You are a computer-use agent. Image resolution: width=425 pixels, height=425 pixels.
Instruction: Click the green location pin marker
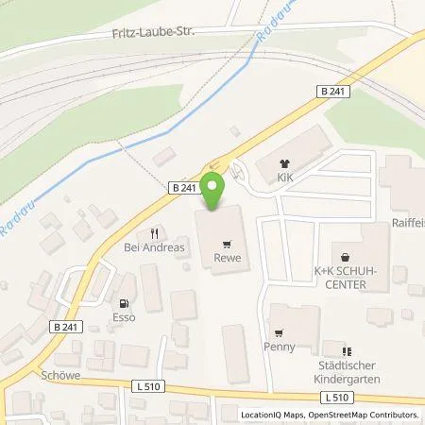215,189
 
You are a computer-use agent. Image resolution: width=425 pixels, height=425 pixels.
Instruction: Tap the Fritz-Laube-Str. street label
147,34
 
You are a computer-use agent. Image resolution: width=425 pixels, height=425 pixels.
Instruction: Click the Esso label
124,317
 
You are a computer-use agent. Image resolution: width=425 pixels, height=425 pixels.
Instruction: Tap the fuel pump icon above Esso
124,302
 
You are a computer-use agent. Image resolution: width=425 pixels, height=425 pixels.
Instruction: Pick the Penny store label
280,347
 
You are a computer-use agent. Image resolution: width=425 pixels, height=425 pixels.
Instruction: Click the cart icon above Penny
280,331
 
